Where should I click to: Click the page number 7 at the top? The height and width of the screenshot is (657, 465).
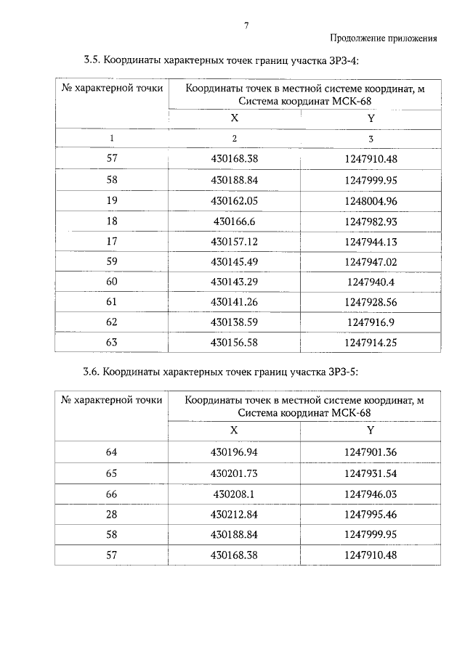(x=246, y=25)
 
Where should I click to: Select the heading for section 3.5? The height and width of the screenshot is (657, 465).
(x=221, y=60)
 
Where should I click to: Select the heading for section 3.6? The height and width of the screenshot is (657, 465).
(x=221, y=372)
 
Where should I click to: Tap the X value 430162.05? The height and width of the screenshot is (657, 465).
(x=234, y=200)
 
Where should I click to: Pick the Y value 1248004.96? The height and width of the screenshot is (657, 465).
(x=371, y=200)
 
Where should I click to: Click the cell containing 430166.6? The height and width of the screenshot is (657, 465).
(x=234, y=221)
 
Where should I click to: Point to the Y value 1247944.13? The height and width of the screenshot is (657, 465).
(x=371, y=241)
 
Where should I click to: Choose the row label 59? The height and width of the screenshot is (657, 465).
(x=111, y=261)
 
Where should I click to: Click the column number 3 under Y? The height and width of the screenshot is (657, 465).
(x=371, y=138)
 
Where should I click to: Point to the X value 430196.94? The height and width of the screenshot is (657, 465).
(x=234, y=452)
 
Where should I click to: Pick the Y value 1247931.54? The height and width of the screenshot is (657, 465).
(x=371, y=473)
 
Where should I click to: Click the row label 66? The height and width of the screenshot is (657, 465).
(x=111, y=494)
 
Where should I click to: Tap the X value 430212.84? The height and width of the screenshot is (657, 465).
(x=234, y=514)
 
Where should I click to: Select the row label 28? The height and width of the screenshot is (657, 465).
(x=111, y=514)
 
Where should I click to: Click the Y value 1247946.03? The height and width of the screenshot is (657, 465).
(x=371, y=494)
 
